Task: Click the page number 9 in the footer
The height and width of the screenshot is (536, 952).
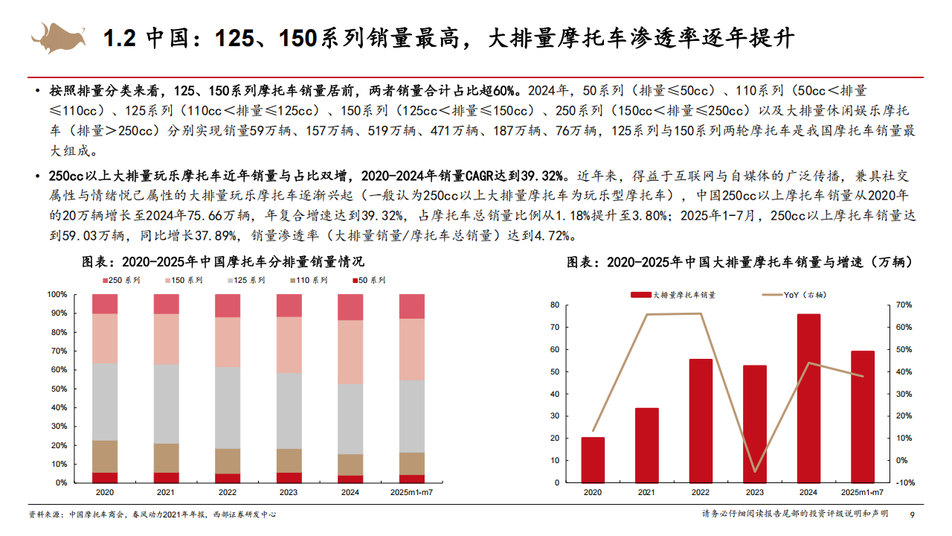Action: (913, 514)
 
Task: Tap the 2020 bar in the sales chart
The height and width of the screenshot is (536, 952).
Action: (593, 459)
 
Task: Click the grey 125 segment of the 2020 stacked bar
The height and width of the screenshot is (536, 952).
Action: (105, 401)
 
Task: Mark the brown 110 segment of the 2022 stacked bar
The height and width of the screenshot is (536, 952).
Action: (228, 461)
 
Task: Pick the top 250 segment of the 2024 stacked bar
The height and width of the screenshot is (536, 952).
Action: (350, 307)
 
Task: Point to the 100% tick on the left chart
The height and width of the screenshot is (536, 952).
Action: (57, 294)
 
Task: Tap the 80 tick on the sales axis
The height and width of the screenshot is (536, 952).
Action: (554, 305)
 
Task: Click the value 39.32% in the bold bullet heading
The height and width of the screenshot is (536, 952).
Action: (542, 176)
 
